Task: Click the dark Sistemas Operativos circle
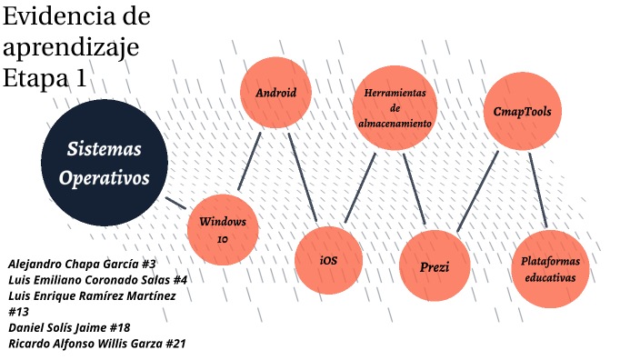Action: (x=105, y=163)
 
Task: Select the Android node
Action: (x=276, y=93)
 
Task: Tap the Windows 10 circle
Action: (x=223, y=230)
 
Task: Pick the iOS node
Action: (x=328, y=260)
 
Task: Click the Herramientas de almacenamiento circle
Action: (x=395, y=108)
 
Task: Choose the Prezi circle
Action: (x=435, y=265)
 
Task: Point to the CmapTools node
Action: (x=523, y=112)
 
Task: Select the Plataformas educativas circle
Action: (x=550, y=269)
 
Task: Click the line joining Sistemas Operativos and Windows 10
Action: (x=175, y=204)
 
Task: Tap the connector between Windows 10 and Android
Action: (x=249, y=161)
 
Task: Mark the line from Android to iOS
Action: (x=303, y=177)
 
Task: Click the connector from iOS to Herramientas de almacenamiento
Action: (x=360, y=188)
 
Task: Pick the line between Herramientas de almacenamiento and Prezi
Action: (x=415, y=189)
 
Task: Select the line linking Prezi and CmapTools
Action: (x=477, y=192)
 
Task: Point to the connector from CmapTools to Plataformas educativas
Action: (x=538, y=190)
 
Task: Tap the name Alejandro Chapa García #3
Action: (x=82, y=264)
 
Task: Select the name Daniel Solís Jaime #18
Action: (x=69, y=328)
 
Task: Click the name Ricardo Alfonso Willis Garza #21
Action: (x=97, y=344)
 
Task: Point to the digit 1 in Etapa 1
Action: (x=81, y=78)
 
